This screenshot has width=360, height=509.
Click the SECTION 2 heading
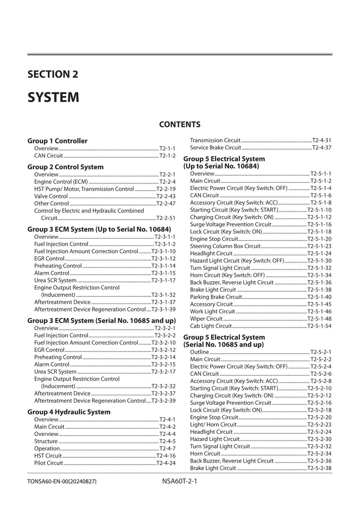53,75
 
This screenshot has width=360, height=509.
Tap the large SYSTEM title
53,97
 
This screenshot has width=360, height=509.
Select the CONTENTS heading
180,125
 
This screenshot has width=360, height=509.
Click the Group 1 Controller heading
57,141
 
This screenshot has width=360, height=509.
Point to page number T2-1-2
167,156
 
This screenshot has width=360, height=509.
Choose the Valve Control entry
51,196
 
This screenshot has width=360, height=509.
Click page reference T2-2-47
166,204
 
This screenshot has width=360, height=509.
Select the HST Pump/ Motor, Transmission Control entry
84,189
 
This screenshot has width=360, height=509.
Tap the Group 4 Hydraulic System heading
69,412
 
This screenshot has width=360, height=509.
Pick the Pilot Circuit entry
49,463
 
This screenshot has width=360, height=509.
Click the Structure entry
46,441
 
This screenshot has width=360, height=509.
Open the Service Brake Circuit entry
216,148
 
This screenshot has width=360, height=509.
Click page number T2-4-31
322,140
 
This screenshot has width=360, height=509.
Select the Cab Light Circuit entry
211,326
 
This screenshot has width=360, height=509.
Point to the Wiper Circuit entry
206,319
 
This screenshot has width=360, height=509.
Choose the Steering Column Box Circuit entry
225,246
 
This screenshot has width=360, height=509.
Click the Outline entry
199,352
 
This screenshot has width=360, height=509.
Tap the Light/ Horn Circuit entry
213,425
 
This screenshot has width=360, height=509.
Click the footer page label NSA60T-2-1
177,481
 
